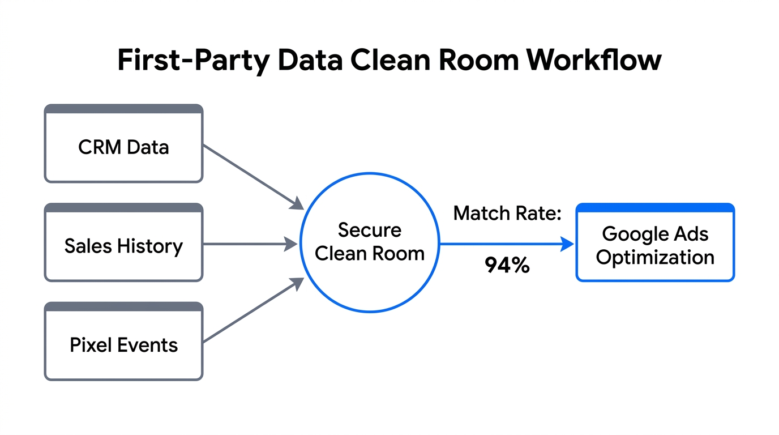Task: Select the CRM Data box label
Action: pyautogui.click(x=123, y=147)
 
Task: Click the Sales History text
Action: pyautogui.click(x=123, y=246)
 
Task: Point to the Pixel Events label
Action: pyautogui.click(x=123, y=345)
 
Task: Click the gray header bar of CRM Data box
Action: pyautogui.click(x=123, y=109)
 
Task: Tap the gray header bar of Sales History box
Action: pyautogui.click(x=123, y=208)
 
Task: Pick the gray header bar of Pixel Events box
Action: pyautogui.click(x=123, y=306)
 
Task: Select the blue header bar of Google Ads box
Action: pyautogui.click(x=655, y=208)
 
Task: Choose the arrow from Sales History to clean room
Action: pyautogui.click(x=249, y=245)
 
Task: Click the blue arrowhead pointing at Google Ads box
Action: pyautogui.click(x=567, y=245)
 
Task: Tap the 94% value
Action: pyautogui.click(x=507, y=266)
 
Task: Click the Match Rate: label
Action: pyautogui.click(x=507, y=214)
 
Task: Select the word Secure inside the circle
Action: pyautogui.click(x=369, y=230)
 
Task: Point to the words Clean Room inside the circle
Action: pyautogui.click(x=369, y=253)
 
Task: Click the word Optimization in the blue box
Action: pyautogui.click(x=655, y=257)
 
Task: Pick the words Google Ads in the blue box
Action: pyautogui.click(x=655, y=233)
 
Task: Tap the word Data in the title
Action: pyautogui.click(x=310, y=60)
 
